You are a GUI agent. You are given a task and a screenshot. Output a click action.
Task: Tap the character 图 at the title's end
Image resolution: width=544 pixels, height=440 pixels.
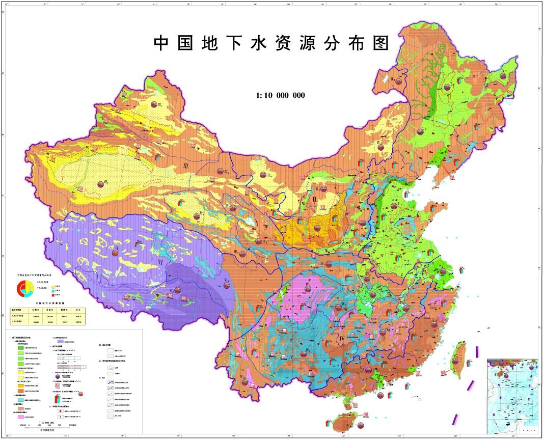[x=380, y=43]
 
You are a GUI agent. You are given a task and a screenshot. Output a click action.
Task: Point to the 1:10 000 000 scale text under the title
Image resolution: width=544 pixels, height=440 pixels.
[x=281, y=95]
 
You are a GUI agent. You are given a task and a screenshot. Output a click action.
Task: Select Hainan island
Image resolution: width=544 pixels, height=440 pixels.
[x=342, y=422]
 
